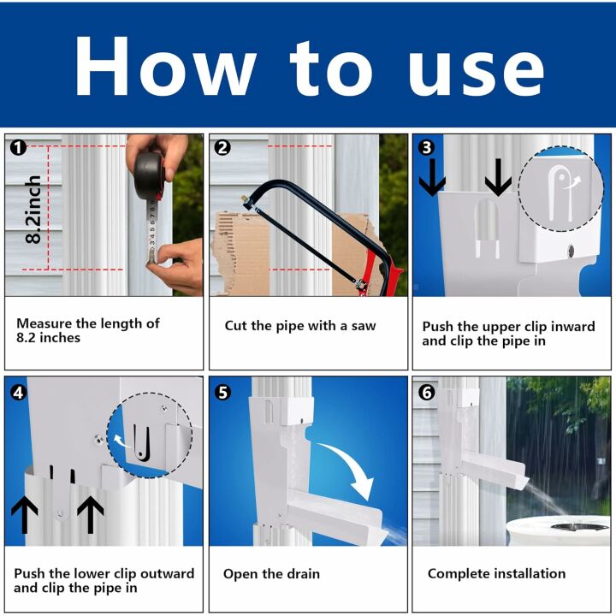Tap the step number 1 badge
point(18,148)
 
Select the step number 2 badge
point(222,148)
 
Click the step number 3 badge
point(426,148)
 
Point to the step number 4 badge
point(18,393)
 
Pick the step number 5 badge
point(222,393)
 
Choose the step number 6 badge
point(426,393)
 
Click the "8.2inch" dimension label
point(33,210)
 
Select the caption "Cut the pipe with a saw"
point(299,325)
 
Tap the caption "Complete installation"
point(496,573)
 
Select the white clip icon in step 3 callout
point(560,187)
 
